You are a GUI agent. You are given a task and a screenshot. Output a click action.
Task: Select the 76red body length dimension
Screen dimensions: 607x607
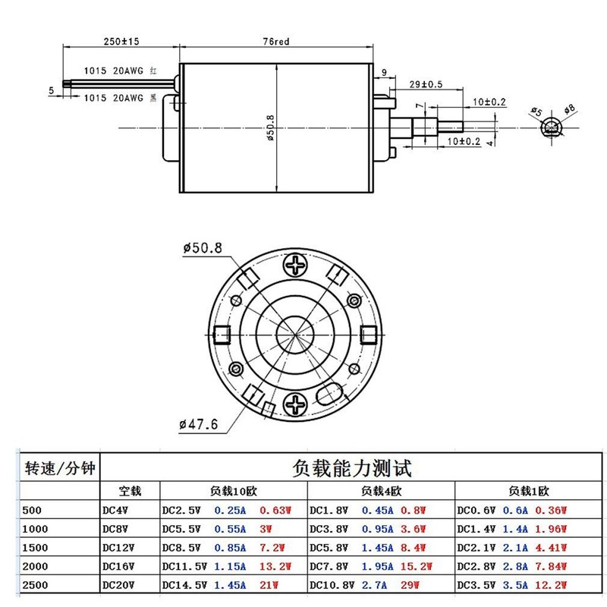[275, 42]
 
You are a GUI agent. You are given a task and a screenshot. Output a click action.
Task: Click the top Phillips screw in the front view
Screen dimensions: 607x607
[295, 265]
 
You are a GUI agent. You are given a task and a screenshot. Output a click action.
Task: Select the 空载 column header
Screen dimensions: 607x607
[130, 490]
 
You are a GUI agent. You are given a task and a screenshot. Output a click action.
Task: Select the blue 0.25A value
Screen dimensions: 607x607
[230, 510]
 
